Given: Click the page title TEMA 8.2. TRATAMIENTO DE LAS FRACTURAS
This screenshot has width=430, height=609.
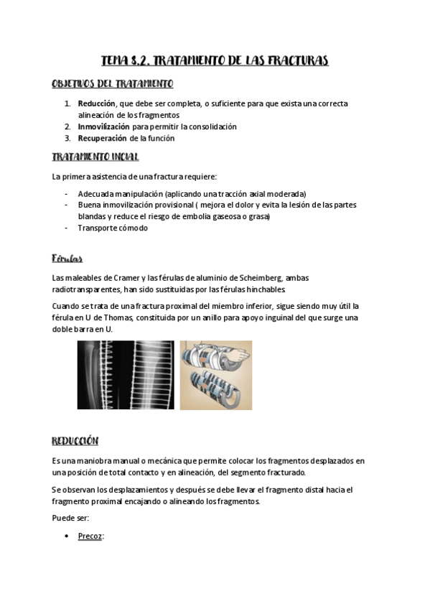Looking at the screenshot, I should click(x=215, y=61).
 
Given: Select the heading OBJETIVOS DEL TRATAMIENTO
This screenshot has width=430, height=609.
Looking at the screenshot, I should click(x=112, y=84).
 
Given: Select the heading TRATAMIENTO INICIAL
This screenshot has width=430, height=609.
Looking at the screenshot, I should click(x=95, y=157).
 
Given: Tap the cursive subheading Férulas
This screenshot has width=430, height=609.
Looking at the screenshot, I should click(x=67, y=258).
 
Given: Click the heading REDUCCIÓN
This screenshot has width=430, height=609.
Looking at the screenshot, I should click(x=75, y=440).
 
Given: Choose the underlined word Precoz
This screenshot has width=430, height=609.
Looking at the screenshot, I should click(x=90, y=536).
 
